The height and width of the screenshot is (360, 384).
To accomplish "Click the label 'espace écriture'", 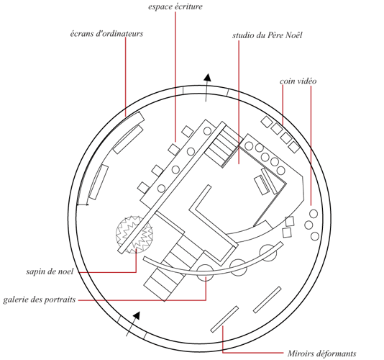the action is tap(175, 6).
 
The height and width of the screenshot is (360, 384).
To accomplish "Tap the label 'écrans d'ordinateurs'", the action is tap(106, 34).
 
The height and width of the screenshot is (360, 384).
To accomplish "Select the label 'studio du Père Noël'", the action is tap(268, 35).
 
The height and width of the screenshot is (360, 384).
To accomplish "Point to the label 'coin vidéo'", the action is tap(298, 81).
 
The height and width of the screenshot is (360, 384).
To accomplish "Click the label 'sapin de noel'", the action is tap(50, 271).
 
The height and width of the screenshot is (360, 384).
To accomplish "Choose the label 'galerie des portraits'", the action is tap(39, 300).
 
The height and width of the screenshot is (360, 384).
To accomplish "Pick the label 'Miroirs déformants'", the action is tap(321, 354).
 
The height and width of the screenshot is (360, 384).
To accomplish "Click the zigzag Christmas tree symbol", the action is tap(134, 235).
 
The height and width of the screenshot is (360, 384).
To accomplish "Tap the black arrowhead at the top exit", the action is tap(207, 77).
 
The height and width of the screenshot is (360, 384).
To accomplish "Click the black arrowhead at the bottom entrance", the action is tap(137, 315).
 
